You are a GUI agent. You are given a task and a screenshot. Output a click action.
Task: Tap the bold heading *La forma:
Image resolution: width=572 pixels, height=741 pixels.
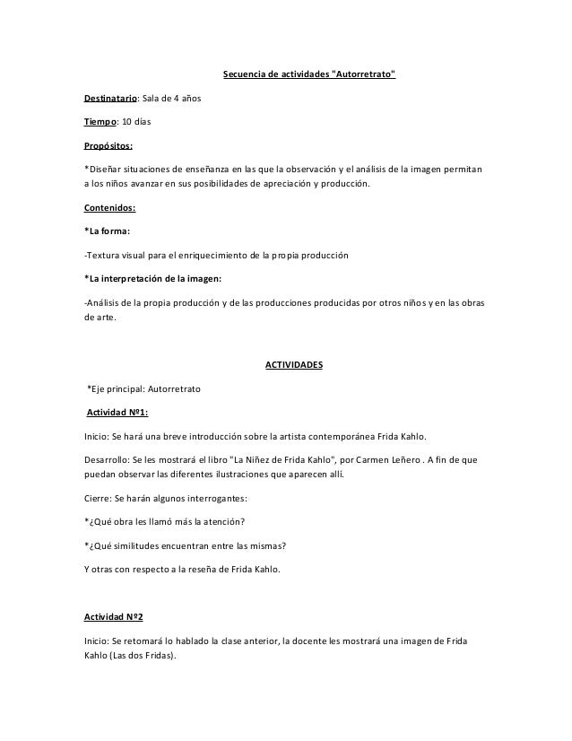pos(106,231)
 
